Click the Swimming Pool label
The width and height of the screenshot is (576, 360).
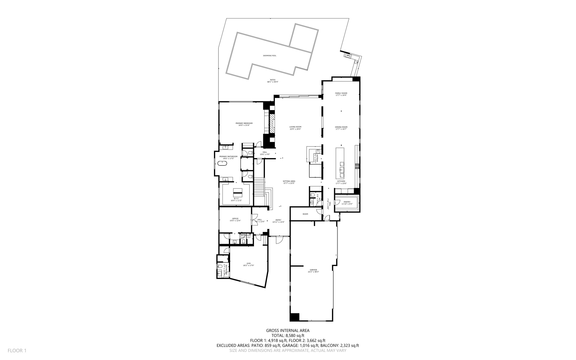pos(269,56)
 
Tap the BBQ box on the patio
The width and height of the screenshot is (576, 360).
pos(348,56)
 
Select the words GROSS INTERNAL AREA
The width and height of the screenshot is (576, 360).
pos(288,330)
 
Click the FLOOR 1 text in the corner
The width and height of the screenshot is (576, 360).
pos(17,350)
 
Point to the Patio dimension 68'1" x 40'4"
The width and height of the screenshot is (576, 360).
pos(273,82)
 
